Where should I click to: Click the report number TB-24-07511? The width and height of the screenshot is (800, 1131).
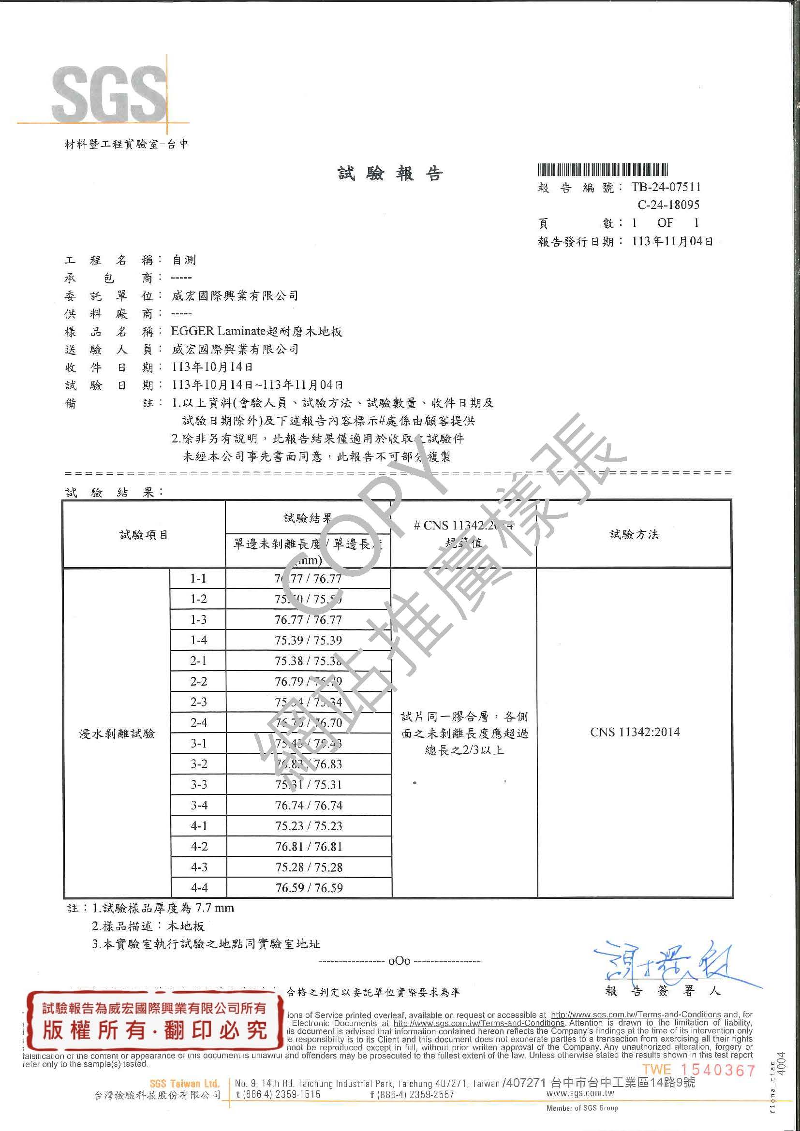point(666,187)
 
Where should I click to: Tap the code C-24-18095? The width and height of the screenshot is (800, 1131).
point(668,205)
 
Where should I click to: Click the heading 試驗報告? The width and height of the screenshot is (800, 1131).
point(390,174)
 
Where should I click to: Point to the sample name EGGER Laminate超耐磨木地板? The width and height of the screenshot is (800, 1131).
point(256,332)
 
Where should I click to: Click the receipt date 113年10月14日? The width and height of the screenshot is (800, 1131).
point(213,367)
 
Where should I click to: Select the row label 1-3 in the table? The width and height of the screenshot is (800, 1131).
point(198,620)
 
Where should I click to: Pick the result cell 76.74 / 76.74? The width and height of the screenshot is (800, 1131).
point(309,806)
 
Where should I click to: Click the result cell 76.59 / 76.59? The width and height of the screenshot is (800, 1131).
point(309,888)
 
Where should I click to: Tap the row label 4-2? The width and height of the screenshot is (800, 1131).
point(198,847)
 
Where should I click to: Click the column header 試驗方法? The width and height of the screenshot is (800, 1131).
point(634,534)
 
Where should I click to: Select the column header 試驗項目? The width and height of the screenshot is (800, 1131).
point(144,535)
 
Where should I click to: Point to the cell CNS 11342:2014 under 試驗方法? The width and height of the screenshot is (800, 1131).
point(635,732)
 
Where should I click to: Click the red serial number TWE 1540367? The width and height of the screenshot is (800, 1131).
point(698,1070)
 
